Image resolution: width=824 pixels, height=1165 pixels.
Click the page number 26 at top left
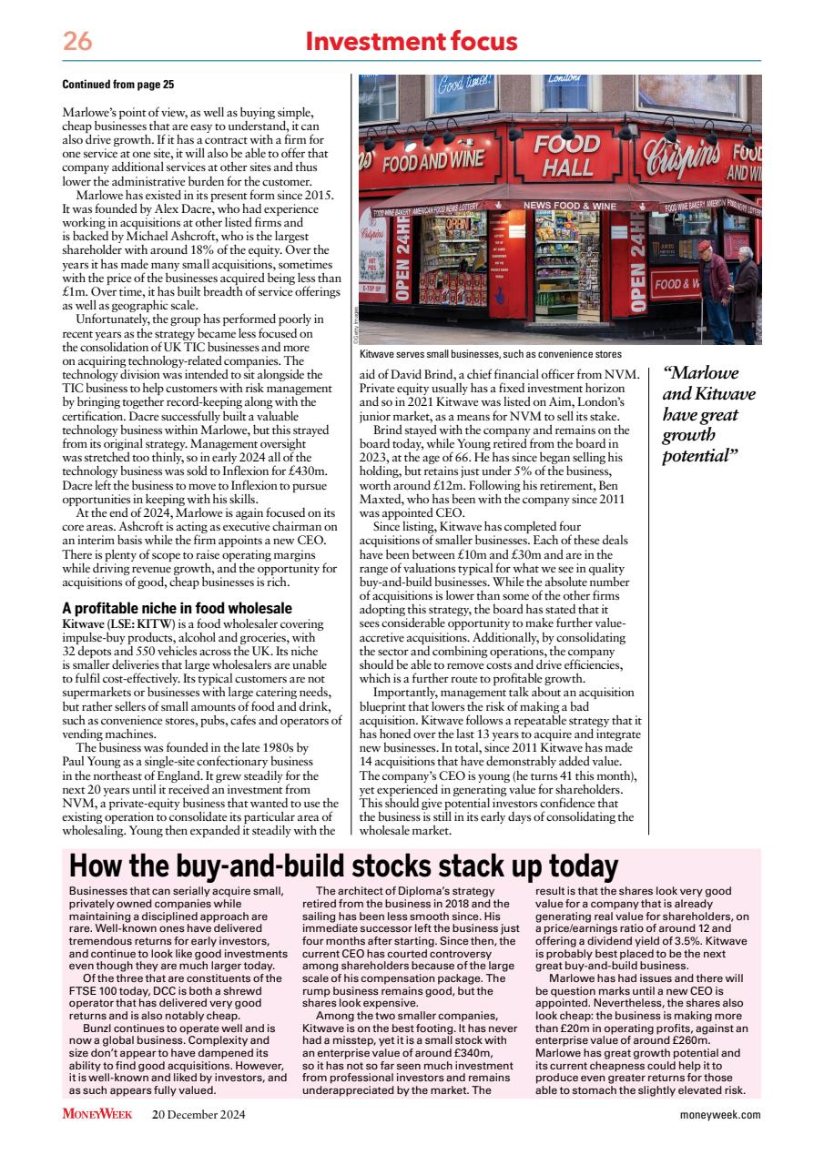pos(77,42)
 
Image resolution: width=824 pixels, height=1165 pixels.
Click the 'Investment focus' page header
pos(412,42)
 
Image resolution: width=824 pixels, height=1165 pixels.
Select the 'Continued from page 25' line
pos(117,85)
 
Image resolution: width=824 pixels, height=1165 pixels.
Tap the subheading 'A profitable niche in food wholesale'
pos(177,608)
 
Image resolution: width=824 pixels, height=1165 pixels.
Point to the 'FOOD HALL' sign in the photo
pos(566,157)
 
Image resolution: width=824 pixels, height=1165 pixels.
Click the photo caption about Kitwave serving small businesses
pos(491,353)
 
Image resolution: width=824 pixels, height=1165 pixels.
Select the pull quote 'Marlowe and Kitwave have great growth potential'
pos(708,413)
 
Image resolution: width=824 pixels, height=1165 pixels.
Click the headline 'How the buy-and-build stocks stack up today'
pos(344,866)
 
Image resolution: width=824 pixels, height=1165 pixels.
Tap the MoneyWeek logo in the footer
pos(97,1114)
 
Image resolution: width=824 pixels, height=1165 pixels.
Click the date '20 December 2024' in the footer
pos(198,1114)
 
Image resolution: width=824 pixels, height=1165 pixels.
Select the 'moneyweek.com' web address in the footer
pos(719,1114)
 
